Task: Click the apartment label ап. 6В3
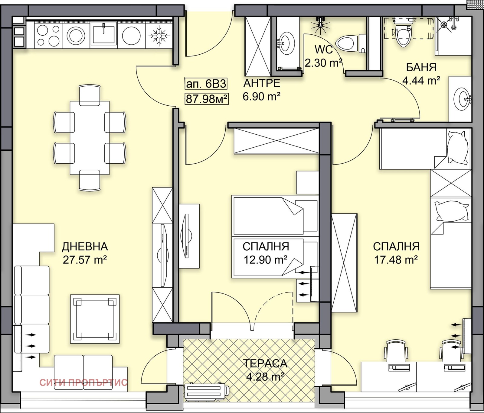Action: pyautogui.click(x=206, y=84)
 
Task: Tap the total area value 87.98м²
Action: pyautogui.click(x=207, y=99)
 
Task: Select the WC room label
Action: pyautogui.click(x=324, y=50)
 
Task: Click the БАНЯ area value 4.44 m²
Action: pyautogui.click(x=421, y=81)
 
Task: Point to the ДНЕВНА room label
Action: pyautogui.click(x=85, y=247)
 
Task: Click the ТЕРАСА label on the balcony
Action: pyautogui.click(x=265, y=363)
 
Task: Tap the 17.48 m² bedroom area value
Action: pyautogui.click(x=396, y=260)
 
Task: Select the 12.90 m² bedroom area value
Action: pyautogui.click(x=266, y=260)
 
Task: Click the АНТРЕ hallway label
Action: pyautogui.click(x=262, y=83)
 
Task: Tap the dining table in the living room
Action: pyautogui.click(x=90, y=138)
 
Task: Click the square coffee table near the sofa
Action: pyautogui.click(x=95, y=319)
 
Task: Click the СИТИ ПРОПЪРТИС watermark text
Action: pyautogui.click(x=83, y=383)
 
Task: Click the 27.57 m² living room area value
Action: pyautogui.click(x=85, y=260)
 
